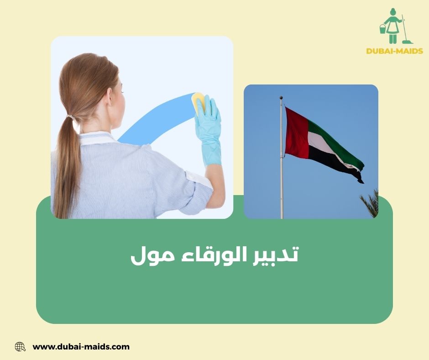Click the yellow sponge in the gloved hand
pos(199,103)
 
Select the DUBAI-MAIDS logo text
pos(394,51)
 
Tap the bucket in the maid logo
pos(382,29)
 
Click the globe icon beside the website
pos(20,347)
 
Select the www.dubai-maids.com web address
pos(81,347)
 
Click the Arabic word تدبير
pos(274,255)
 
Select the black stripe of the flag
pos(333,162)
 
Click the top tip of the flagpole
pos(281,98)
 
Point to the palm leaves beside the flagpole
pos(370,201)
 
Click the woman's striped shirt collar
pos(96,138)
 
